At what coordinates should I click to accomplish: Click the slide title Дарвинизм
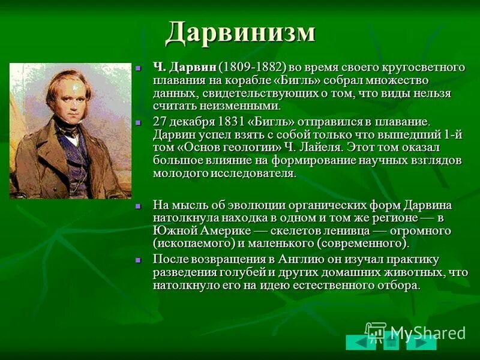click(x=240, y=32)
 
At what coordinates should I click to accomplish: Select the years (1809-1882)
click(x=252, y=67)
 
